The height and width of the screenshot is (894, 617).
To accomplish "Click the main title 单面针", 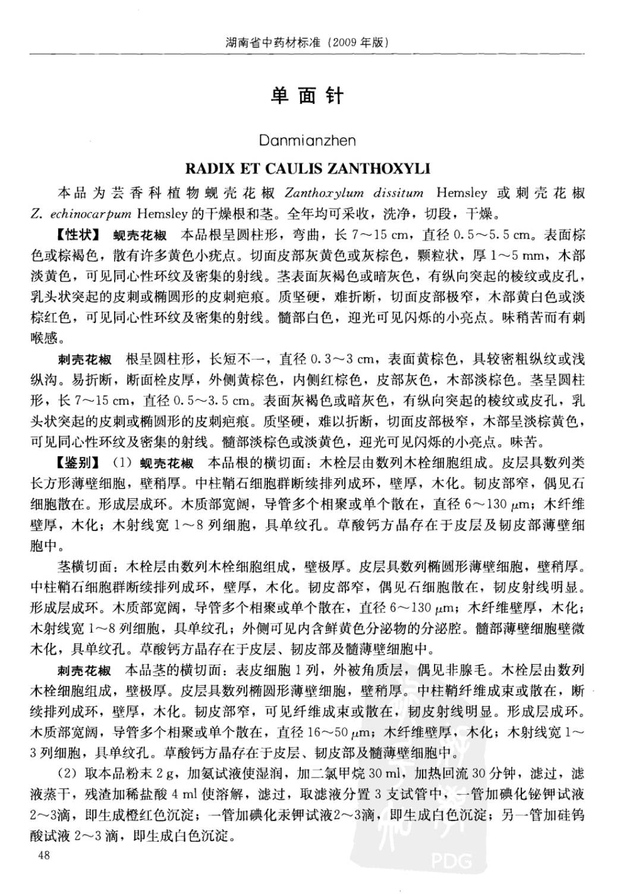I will tap(307, 96).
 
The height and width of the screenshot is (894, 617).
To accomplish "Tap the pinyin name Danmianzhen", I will tap(307, 141).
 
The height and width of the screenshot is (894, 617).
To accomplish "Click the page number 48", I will tap(43, 855).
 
